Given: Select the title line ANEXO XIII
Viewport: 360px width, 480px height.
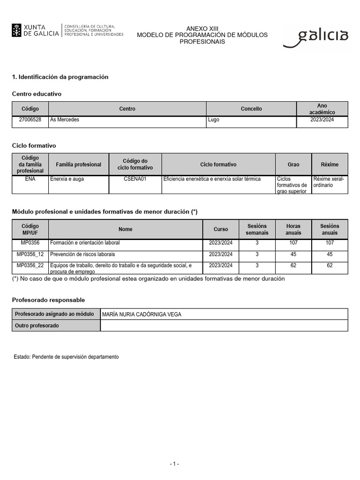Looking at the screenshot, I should click(202, 29).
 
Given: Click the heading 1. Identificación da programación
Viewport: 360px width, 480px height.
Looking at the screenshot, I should click(60, 77).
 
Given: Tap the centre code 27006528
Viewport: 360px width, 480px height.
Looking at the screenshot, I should click(30, 120).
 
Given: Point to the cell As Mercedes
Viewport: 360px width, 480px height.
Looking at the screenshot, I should click(65, 120).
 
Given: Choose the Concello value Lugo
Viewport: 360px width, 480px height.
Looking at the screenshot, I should click(214, 120).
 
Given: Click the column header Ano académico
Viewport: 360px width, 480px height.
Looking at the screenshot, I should click(322, 109).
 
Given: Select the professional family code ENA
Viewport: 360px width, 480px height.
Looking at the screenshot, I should click(30, 179).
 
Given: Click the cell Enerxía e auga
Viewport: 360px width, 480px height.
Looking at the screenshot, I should click(67, 179).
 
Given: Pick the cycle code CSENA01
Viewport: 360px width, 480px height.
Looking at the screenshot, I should click(135, 179).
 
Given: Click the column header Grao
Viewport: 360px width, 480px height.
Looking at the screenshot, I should click(293, 165).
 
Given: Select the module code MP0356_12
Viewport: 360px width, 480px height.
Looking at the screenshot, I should click(30, 254).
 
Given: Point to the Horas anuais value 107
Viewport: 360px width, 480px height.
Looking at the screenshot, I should click(293, 243).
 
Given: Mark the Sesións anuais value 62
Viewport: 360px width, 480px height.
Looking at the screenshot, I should click(330, 265).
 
